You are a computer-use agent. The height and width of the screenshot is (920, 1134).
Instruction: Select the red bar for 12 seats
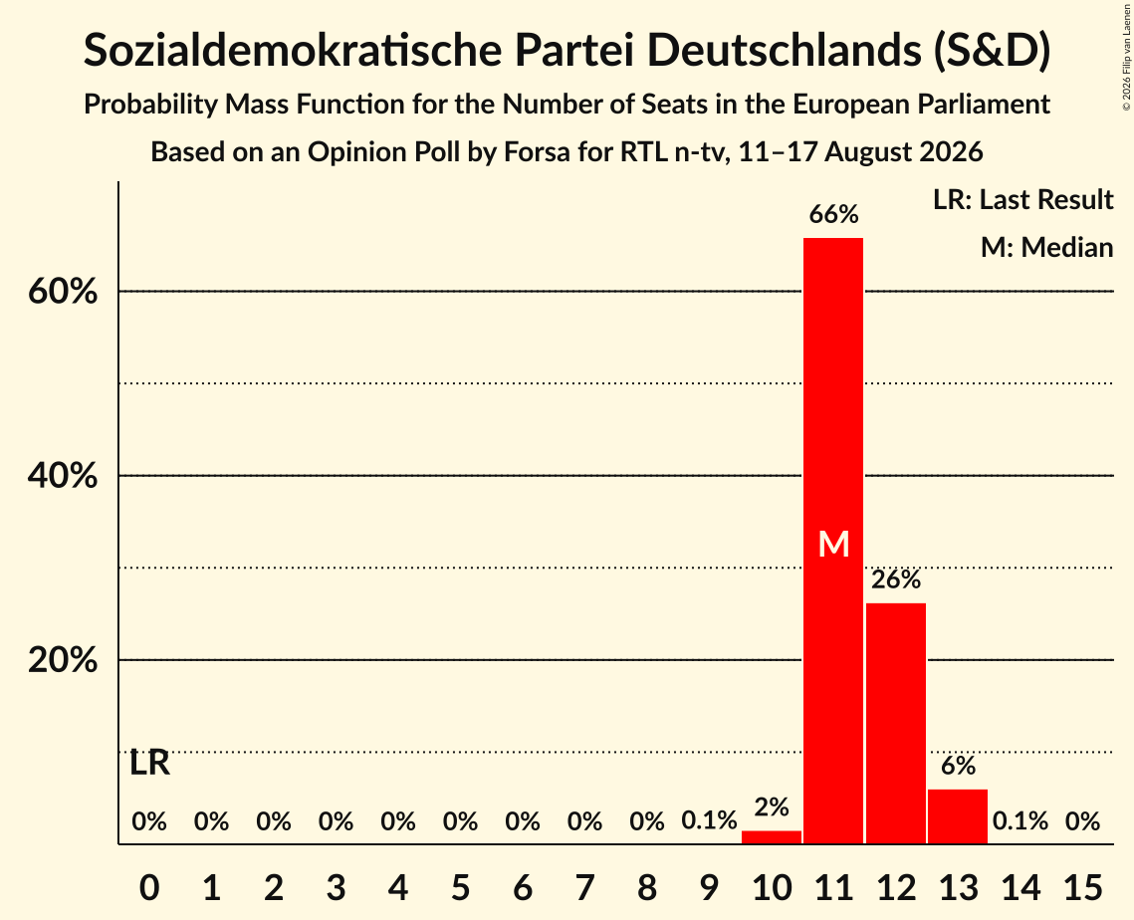pos(895,723)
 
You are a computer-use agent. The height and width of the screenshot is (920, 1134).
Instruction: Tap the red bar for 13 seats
pos(958,816)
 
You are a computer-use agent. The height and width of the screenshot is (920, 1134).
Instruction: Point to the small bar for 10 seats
pos(771,836)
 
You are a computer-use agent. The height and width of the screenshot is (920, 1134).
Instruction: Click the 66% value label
pos(833,214)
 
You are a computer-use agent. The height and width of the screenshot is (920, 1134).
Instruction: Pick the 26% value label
pos(895,579)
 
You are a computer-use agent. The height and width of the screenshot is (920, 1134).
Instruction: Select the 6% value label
pos(958,766)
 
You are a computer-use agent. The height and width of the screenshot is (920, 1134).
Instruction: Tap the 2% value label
pos(771,806)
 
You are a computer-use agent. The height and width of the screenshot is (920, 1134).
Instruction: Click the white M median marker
pos(833,544)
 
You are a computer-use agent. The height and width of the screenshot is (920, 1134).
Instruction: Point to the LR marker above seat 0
pos(149,763)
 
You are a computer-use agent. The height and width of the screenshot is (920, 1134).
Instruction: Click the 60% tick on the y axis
pos(62,292)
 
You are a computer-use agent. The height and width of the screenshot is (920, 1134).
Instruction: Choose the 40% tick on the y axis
pos(62,476)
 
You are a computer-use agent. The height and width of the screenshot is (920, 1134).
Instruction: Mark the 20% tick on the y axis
pos(62,660)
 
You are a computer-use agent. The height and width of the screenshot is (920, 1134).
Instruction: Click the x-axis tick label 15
pos(1082,887)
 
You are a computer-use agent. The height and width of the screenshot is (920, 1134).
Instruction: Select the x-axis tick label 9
pos(709,887)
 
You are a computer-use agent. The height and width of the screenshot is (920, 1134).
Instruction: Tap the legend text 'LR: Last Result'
pos(1022,199)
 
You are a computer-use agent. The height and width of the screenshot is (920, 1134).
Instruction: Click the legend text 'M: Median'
pos(1046,247)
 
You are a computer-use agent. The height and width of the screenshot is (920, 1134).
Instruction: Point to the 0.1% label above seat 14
pos(1020,820)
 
